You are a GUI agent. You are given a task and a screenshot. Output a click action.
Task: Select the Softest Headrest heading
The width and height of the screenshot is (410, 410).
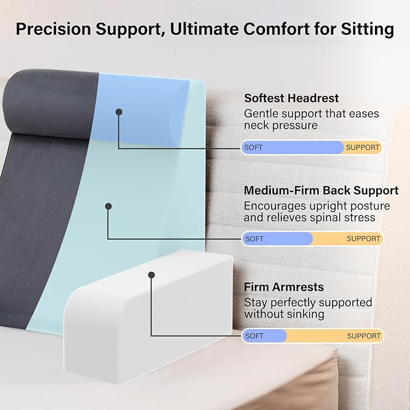pyautogui.click(x=291, y=98)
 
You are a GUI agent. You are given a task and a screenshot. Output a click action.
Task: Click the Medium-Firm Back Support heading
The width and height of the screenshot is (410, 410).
pyautogui.click(x=321, y=190)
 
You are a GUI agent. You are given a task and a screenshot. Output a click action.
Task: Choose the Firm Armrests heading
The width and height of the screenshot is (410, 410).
pyautogui.click(x=284, y=287)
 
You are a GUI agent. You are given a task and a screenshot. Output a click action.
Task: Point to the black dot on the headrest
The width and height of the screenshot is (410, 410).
pyautogui.click(x=119, y=112)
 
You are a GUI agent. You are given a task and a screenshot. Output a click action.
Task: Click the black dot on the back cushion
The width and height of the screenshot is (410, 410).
pyautogui.click(x=109, y=206)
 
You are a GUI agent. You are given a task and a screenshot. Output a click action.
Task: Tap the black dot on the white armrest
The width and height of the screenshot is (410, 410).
pyautogui.click(x=152, y=275)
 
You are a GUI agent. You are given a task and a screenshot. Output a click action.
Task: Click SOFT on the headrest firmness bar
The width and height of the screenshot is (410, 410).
pyautogui.click(x=254, y=147)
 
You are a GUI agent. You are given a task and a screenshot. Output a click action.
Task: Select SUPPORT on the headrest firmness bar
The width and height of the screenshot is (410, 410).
pyautogui.click(x=363, y=147)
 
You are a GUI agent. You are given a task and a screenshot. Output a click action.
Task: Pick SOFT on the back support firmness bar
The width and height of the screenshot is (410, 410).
pyautogui.click(x=254, y=239)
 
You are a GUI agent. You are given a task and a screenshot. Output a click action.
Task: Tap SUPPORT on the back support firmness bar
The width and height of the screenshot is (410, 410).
pyautogui.click(x=364, y=239)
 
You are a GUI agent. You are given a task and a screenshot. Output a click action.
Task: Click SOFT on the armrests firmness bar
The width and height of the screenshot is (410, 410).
pyautogui.click(x=254, y=336)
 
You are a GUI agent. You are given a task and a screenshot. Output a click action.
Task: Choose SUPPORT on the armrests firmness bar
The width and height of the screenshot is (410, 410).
pyautogui.click(x=364, y=336)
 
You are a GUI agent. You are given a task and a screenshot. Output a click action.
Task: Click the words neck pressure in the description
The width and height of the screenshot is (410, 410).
pyautogui.click(x=280, y=126)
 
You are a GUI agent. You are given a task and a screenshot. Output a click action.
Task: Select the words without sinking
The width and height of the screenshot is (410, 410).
pyautogui.click(x=284, y=314)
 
